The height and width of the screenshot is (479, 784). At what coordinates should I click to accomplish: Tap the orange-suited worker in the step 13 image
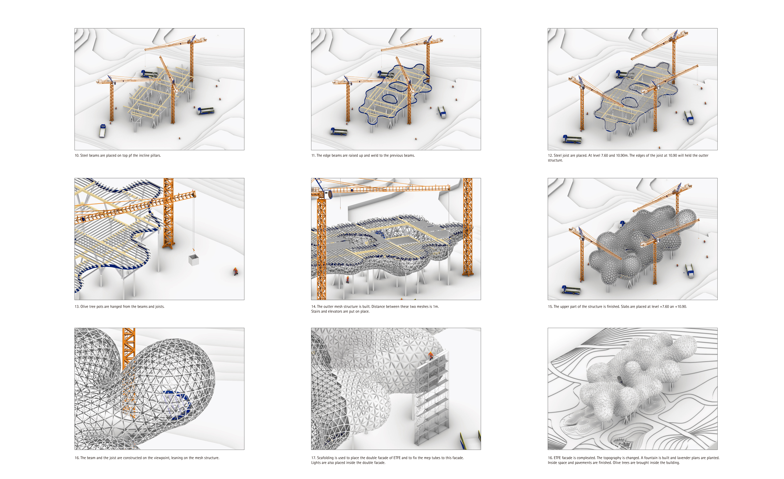(235, 272)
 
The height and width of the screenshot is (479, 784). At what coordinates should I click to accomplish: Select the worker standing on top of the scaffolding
(431, 355)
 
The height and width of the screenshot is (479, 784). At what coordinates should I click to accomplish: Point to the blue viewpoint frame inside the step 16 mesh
(175, 405)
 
